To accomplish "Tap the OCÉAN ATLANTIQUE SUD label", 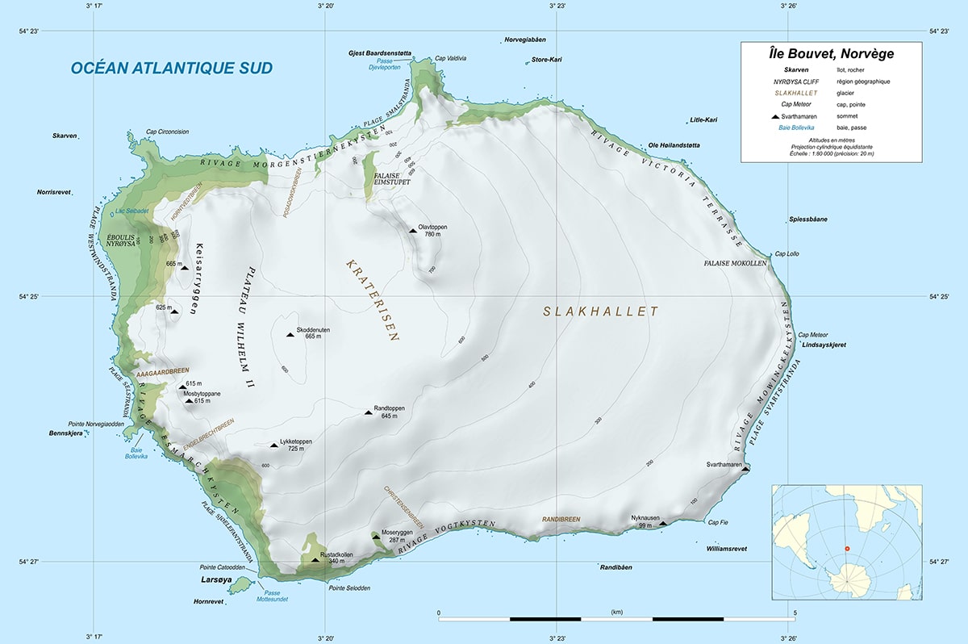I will coord(171,69).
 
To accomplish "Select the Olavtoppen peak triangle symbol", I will coord(413,231).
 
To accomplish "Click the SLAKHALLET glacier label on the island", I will coord(601,312).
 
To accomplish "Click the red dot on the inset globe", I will coord(846,549).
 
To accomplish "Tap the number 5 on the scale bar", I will coord(795,613).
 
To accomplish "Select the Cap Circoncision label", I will coord(166,132).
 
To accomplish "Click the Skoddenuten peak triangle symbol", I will coord(290,335).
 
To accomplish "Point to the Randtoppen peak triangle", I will coord(369,412).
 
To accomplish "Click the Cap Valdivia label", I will coord(450,59).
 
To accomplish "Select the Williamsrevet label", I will coord(726,549).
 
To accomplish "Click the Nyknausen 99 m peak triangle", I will coord(663,524).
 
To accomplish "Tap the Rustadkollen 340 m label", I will coord(338,558).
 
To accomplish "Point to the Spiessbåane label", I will coord(807,220).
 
